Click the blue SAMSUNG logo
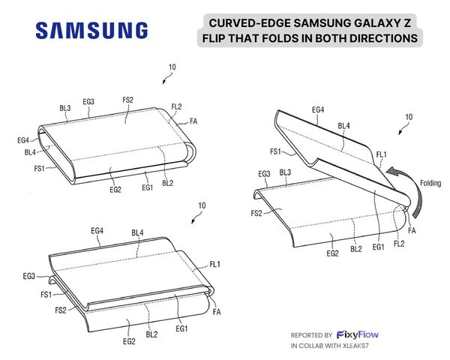click(x=91, y=30)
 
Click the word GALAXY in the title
click(x=374, y=23)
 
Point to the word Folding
click(x=430, y=183)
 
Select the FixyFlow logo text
click(x=358, y=334)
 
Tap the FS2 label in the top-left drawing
click(x=128, y=100)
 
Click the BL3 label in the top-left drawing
click(x=65, y=108)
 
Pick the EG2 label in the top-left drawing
click(x=115, y=190)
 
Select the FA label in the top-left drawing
click(x=193, y=121)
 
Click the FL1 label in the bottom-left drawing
click(x=215, y=264)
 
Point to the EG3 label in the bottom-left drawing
click(x=29, y=276)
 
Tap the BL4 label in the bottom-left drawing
click(x=137, y=232)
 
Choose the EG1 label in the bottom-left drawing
click(x=181, y=328)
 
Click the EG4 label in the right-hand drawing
click(x=318, y=109)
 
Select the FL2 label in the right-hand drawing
click(x=399, y=244)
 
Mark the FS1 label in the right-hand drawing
click(x=275, y=151)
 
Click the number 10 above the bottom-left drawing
click(x=202, y=205)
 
